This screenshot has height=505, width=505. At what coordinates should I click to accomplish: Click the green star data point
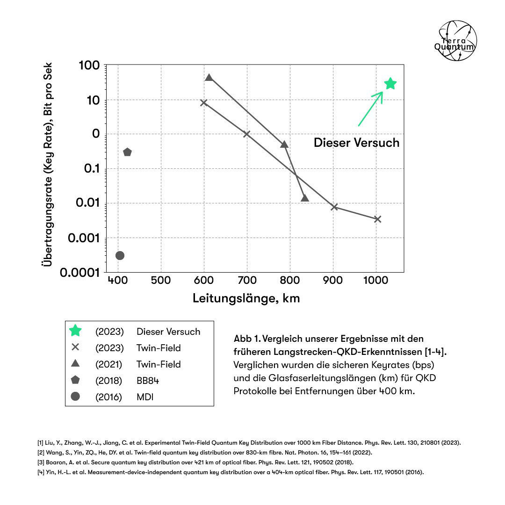390,84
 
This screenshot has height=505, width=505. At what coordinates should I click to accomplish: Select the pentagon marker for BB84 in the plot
127,152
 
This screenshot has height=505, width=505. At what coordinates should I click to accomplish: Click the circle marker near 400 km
120,255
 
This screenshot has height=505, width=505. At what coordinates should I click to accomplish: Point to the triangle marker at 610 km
209,78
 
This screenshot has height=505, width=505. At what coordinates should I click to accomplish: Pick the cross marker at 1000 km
378,219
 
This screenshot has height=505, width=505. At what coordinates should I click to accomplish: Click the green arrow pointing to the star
370,108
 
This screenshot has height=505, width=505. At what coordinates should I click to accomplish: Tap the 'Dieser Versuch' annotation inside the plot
356,143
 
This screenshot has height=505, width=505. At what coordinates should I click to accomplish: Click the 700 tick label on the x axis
247,281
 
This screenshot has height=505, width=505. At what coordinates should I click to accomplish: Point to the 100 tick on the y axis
89,65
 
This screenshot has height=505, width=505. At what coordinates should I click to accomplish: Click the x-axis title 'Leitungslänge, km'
246,298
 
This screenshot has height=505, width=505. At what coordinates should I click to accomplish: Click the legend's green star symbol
75,331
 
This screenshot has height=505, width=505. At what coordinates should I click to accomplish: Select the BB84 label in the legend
148,381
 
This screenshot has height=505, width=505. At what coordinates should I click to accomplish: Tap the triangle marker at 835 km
305,198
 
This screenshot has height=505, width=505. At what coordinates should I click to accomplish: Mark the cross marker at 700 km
247,134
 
